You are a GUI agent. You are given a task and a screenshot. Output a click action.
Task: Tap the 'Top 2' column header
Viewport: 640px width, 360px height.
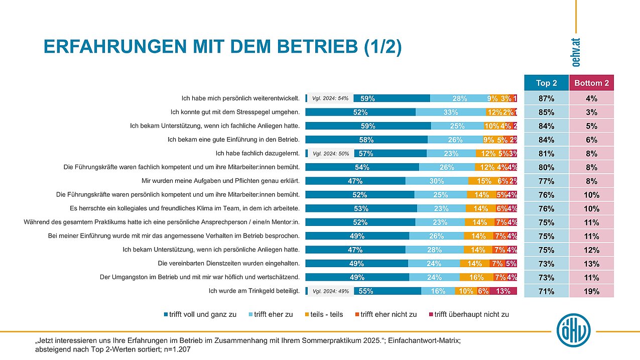tap(546, 83)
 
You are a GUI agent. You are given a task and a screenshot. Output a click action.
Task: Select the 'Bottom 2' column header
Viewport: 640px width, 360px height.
tap(591, 83)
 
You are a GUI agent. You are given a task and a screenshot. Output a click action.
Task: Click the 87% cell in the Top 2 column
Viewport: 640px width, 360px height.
tap(546, 98)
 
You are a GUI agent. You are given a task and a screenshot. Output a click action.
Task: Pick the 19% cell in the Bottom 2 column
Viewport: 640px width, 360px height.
tap(591, 291)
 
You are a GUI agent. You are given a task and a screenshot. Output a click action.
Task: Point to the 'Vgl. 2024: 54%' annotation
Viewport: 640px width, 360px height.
tap(330, 98)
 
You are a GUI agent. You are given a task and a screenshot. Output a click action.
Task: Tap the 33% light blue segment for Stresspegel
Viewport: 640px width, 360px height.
tap(450, 112)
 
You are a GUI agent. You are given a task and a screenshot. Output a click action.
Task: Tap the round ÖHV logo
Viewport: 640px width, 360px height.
tap(573, 331)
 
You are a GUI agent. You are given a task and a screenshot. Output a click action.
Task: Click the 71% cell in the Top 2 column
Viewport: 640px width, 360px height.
tap(546, 291)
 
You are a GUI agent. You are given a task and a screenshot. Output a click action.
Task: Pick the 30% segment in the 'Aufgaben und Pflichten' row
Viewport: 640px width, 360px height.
tap(437, 181)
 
